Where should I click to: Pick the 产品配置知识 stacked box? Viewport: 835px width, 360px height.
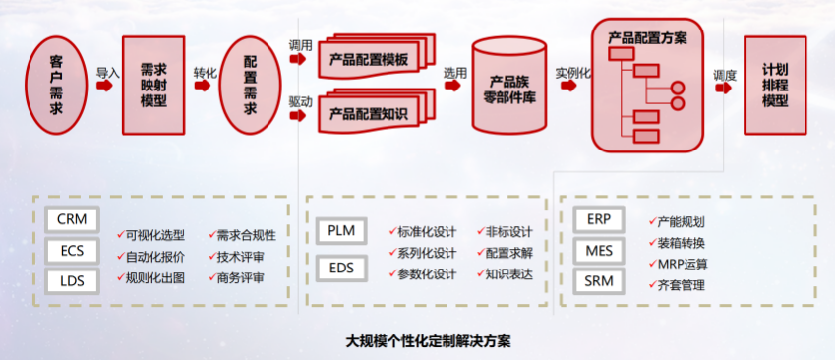pos(370,112)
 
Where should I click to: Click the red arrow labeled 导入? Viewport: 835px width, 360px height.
pos(107,88)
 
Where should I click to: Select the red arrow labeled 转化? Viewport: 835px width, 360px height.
pos(205,88)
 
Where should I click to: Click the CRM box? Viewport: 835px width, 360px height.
pos(71,219)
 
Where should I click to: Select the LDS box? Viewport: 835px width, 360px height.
pos(71,280)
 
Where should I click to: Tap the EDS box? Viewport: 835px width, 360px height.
pos(341,266)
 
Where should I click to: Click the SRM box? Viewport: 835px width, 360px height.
pos(599,282)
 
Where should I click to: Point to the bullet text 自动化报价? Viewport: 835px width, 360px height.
pos(155,257)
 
